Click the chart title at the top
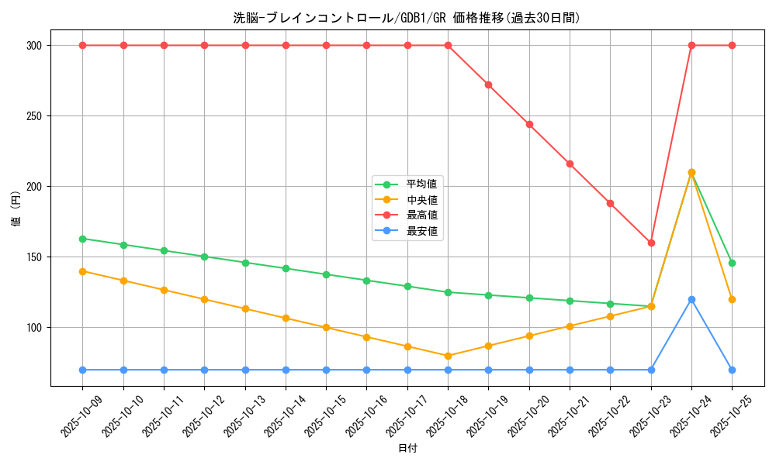tap(407, 18)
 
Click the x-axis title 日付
tap(407, 449)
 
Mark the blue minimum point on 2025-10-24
tap(691, 299)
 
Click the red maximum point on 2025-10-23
tap(651, 243)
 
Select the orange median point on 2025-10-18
tap(448, 356)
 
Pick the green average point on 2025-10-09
tap(82, 239)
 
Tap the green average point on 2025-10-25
tap(732, 263)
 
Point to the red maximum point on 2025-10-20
tap(529, 124)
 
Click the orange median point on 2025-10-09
tap(82, 271)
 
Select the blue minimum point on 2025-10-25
tap(732, 370)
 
